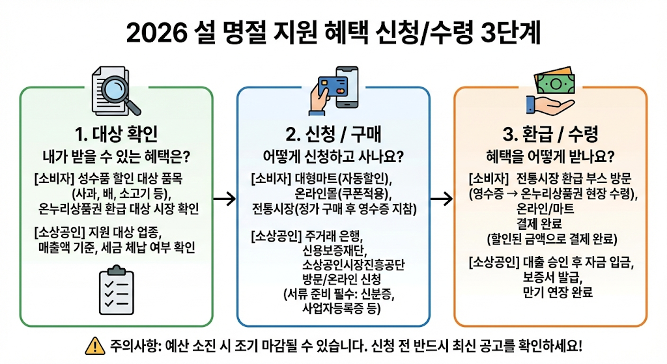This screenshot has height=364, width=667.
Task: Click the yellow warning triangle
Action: [x=95, y=345]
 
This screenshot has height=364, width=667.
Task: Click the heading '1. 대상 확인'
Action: [x=117, y=135]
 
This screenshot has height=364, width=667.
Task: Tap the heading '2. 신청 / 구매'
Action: [x=333, y=135]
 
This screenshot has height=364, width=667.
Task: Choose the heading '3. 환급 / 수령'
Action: [x=550, y=135]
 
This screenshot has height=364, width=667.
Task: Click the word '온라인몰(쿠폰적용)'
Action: [x=333, y=193]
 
